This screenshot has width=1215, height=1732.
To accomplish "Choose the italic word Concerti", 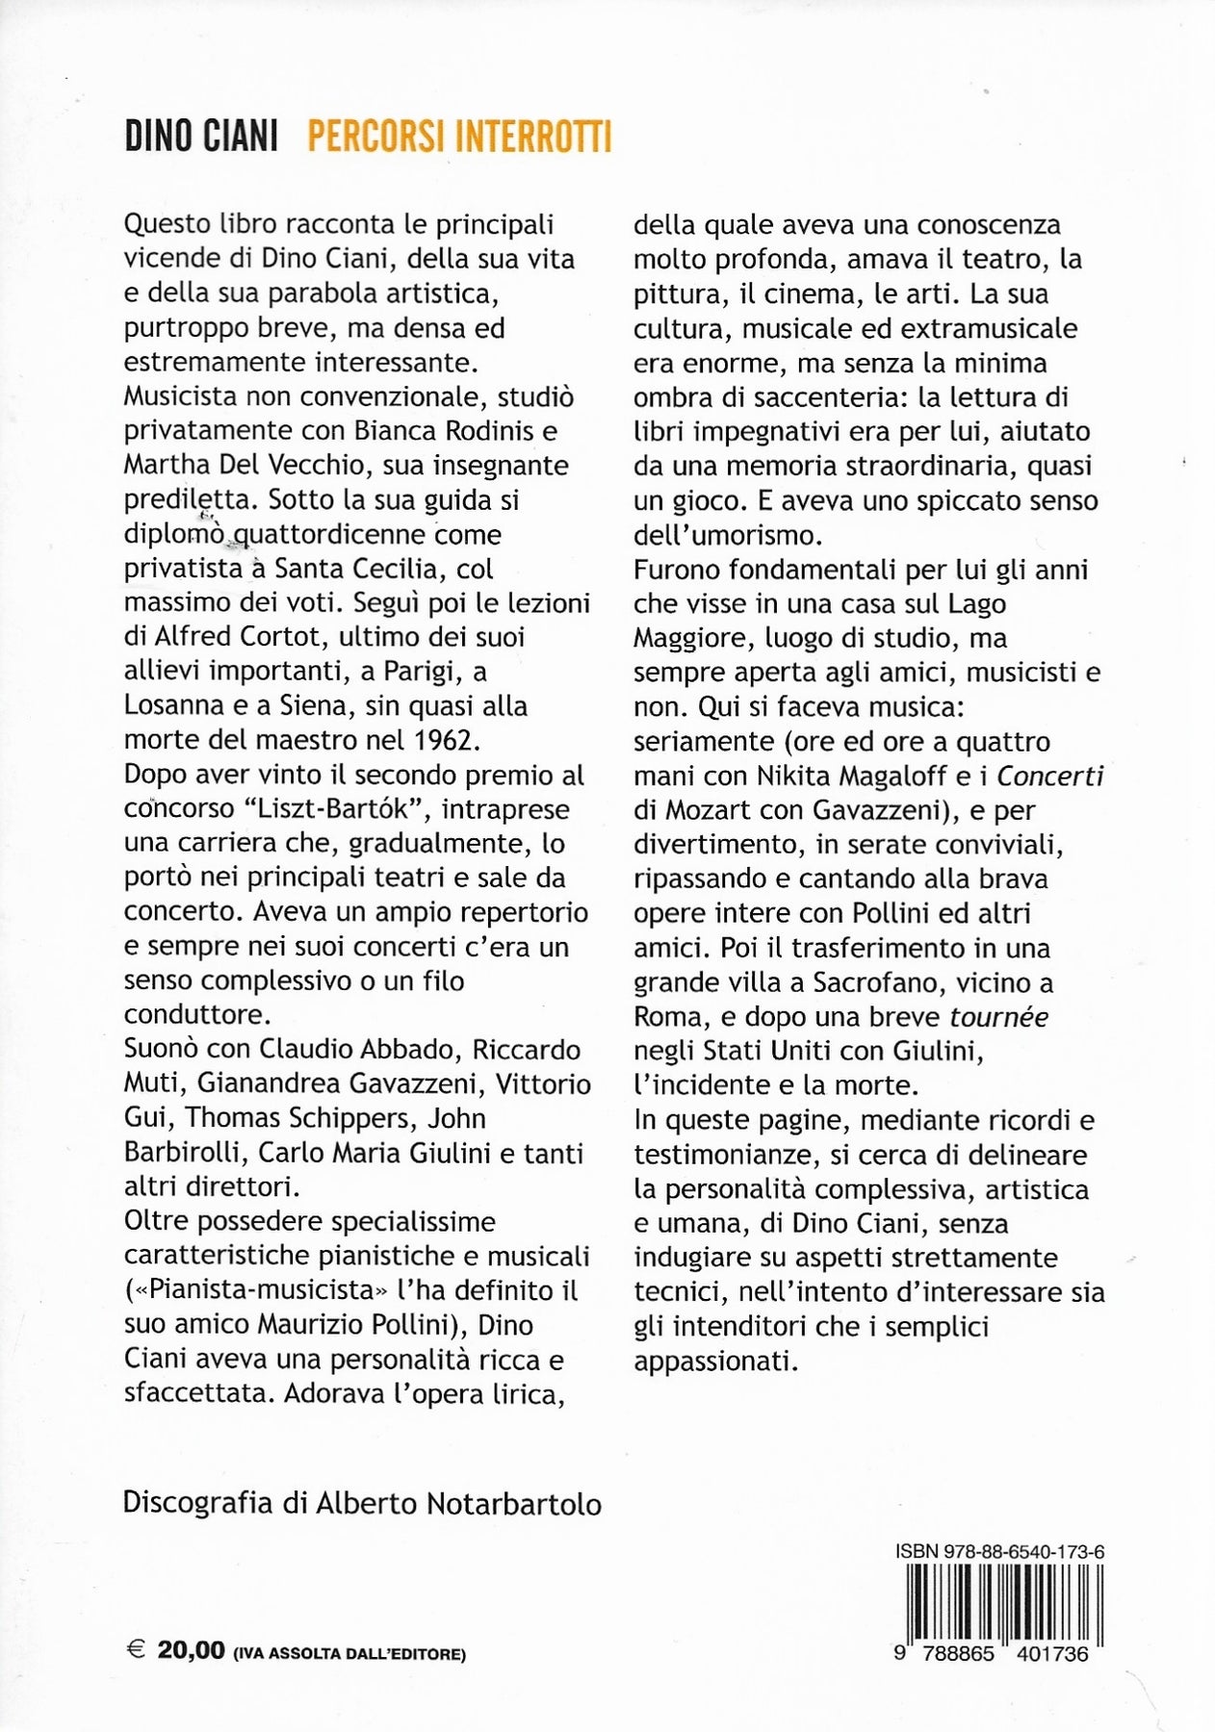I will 1048,776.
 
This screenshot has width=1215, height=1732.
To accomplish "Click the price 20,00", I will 191,1651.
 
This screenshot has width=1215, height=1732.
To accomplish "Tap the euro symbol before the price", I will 136,1651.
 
